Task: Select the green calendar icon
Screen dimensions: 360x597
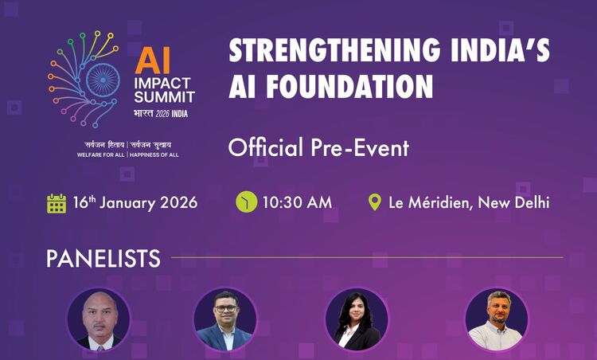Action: click(x=57, y=202)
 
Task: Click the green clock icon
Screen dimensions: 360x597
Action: click(x=246, y=202)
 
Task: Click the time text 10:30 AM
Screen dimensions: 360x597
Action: click(x=297, y=202)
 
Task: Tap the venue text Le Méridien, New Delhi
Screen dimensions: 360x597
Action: click(x=469, y=202)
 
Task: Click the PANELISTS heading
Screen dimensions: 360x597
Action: click(x=103, y=259)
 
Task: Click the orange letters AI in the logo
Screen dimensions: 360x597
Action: click(x=149, y=58)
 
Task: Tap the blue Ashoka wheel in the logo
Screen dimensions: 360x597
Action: click(x=103, y=80)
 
